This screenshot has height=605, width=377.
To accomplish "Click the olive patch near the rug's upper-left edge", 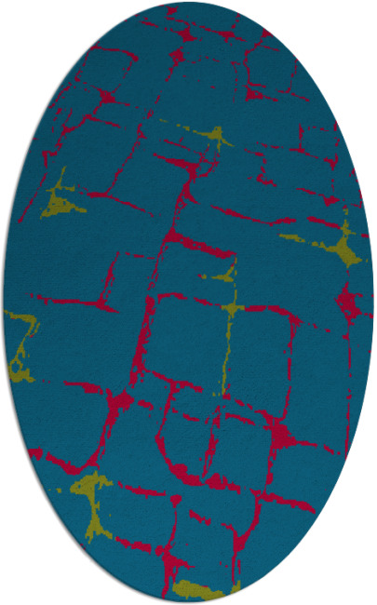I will click(x=58, y=200).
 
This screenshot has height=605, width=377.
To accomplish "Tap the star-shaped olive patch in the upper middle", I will click(x=217, y=138).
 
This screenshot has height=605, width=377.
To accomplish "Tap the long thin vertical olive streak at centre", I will click(x=228, y=344).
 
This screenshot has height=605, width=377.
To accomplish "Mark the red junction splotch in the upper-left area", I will click(x=107, y=95).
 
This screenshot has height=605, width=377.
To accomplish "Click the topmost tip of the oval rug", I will click(x=188, y=4).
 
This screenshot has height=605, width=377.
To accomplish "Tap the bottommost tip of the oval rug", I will click(x=188, y=601).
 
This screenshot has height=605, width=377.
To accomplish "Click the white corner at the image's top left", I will click(x=5, y=5).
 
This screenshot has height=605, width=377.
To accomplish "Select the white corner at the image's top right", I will click(x=371, y=5).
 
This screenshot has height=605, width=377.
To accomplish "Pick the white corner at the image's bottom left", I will click(x=5, y=599).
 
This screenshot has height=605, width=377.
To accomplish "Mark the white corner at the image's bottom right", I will click(x=371, y=599).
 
